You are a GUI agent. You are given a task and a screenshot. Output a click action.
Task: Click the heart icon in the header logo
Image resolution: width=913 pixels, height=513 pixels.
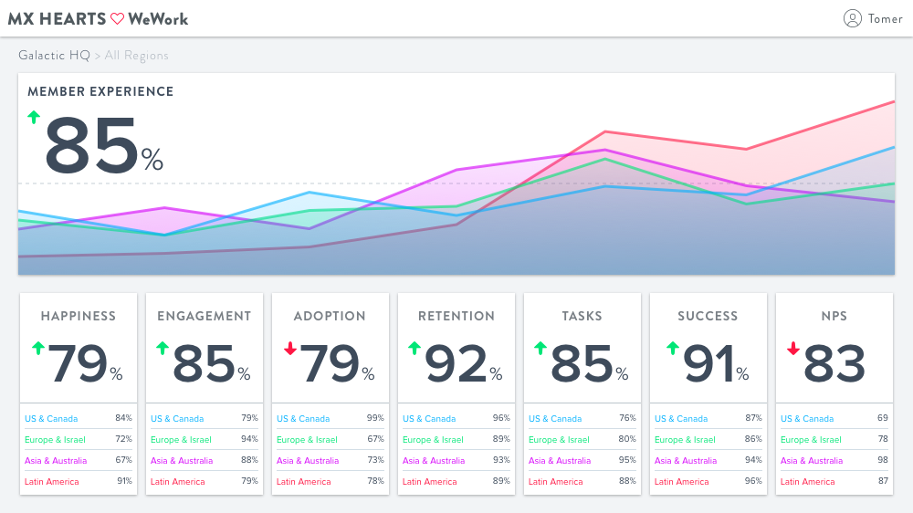[117, 18]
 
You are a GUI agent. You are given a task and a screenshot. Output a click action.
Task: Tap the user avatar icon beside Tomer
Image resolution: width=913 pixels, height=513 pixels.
[853, 18]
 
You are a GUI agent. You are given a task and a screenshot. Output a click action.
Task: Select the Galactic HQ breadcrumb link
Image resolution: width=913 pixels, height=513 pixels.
[54, 56]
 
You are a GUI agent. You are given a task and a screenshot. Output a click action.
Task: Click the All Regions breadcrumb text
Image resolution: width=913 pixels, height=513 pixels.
[136, 56]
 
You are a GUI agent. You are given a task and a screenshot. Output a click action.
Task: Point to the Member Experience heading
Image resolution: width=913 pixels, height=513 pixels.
[100, 91]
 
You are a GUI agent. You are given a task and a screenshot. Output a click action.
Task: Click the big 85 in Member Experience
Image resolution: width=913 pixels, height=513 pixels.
[91, 146]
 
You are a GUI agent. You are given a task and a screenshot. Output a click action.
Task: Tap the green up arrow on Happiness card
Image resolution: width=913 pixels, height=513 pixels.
[37, 348]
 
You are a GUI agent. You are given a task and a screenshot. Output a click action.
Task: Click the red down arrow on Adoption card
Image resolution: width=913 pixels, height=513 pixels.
[290, 348]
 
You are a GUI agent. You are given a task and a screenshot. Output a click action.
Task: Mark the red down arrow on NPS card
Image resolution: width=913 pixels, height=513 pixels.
[792, 348]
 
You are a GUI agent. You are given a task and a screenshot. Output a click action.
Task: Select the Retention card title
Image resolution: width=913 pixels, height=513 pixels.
[456, 316]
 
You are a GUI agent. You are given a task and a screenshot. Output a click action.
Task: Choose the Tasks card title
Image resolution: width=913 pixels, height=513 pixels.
[582, 316]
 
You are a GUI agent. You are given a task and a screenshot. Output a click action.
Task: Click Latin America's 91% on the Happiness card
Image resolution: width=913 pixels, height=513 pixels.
[123, 481]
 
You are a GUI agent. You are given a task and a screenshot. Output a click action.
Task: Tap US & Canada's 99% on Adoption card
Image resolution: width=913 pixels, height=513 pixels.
[375, 418]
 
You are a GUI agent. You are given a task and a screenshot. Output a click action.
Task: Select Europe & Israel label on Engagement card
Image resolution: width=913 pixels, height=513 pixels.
[181, 439]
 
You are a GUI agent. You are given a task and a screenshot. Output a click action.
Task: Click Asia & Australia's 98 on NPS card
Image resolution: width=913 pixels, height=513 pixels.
[883, 460]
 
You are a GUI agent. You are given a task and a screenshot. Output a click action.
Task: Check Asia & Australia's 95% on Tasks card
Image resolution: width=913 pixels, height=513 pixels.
[627, 460]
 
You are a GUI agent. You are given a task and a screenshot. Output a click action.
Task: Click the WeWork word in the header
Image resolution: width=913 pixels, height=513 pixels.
[158, 18]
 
